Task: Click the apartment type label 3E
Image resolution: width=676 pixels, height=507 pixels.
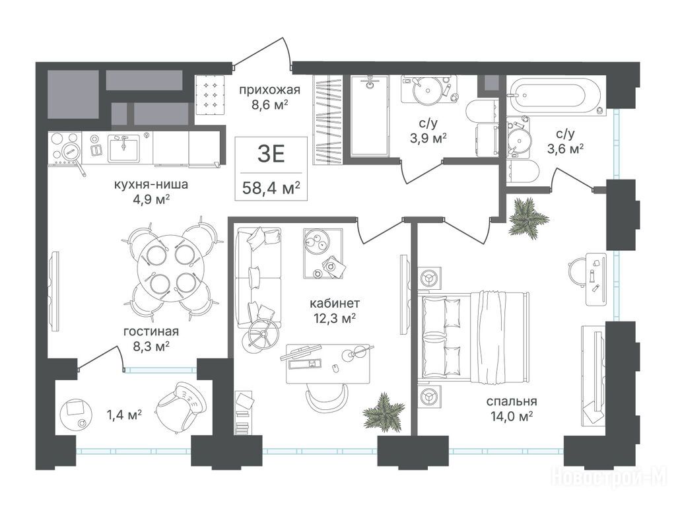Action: pos(271,154)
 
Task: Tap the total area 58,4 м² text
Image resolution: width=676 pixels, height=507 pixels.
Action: pos(271,188)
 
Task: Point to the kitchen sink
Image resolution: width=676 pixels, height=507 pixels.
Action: pos(123,148)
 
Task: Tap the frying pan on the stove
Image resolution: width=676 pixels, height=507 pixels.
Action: pos(73,157)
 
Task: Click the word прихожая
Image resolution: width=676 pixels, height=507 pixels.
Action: pos(269,90)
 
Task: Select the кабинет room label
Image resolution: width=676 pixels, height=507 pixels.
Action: pos(335,303)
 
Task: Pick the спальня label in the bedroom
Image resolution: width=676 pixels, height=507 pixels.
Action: pos(512,401)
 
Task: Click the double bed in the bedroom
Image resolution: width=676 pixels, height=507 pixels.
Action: pos(473,337)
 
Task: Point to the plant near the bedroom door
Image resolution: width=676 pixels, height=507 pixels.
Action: pos(528,217)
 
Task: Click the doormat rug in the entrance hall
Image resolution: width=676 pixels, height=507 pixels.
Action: pos(211,94)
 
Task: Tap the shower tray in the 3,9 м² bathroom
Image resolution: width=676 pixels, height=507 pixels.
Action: pos(369,116)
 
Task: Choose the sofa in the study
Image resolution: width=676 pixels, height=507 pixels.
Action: pos(258,277)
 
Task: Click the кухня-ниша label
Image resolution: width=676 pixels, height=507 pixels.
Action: pos(151,185)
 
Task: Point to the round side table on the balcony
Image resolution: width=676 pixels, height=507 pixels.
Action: pos(75,413)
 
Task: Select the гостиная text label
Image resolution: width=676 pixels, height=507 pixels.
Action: pos(151,331)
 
